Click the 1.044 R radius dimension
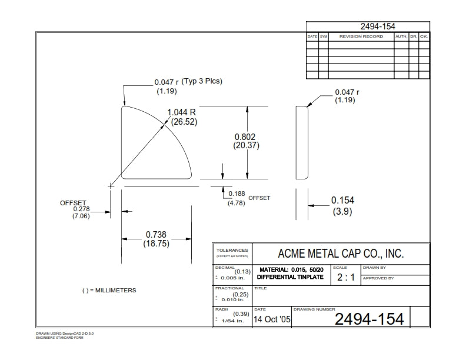click(182, 112)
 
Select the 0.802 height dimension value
click(246, 136)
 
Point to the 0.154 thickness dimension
click(342, 200)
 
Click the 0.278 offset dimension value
click(81, 209)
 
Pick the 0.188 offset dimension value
click(237, 194)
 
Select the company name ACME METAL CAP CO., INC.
click(341, 253)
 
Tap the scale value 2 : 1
click(345, 278)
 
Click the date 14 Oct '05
click(272, 319)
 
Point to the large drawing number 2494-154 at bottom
click(369, 319)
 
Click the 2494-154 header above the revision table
click(377, 26)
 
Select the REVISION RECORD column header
click(361, 36)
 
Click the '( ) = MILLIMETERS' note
click(109, 291)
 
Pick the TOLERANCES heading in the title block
click(232, 250)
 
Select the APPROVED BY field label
click(378, 278)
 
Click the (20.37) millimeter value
click(246, 145)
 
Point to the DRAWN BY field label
click(374, 268)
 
